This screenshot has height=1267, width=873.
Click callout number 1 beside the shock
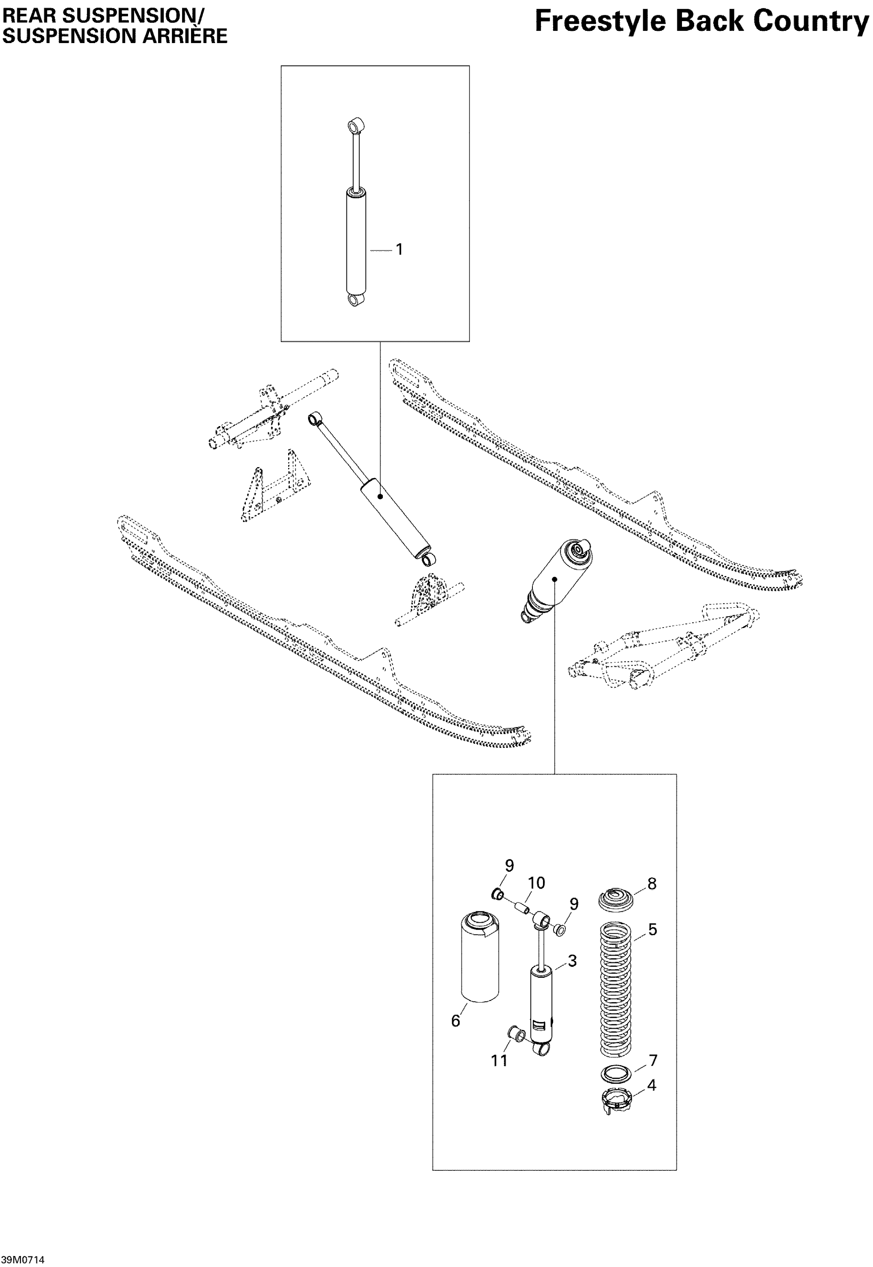tap(399, 249)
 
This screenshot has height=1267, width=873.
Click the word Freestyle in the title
tap(600, 22)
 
